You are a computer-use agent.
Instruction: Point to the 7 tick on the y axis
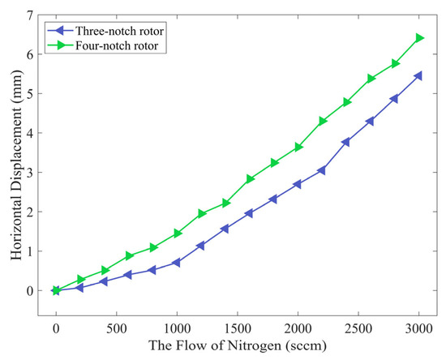pyautogui.click(x=28, y=15)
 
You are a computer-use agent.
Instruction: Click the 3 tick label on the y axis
pyautogui.click(x=28, y=173)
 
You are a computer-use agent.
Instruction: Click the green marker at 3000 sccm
pyautogui.click(x=419, y=38)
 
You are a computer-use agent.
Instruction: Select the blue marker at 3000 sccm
pyautogui.click(x=419, y=75)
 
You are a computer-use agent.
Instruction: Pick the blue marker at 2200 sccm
pyautogui.click(x=322, y=170)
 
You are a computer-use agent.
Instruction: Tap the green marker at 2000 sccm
pyautogui.click(x=298, y=147)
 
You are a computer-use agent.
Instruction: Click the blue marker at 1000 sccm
pyautogui.click(x=177, y=263)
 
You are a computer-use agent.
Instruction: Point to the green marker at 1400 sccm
pyautogui.click(x=225, y=203)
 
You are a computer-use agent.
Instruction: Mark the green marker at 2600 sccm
pyautogui.click(x=371, y=79)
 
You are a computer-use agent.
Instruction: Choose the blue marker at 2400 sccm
pyautogui.click(x=346, y=142)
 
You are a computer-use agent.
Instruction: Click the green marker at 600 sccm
pyautogui.click(x=129, y=255)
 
